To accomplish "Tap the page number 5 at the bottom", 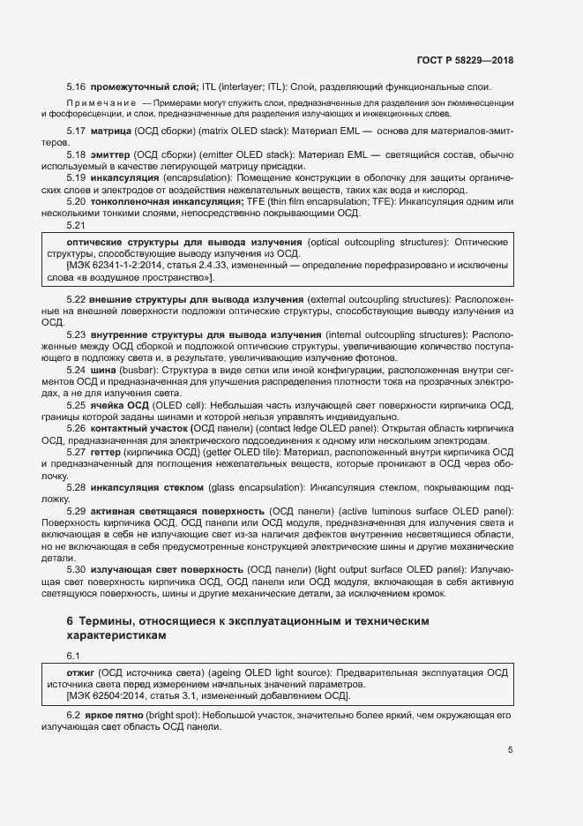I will pos(511,750).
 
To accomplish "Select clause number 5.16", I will pos(76,86).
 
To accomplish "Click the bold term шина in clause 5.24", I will pos(104,372).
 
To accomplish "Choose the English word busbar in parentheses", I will pos(139,372).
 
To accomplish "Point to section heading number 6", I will pos(71,621).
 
